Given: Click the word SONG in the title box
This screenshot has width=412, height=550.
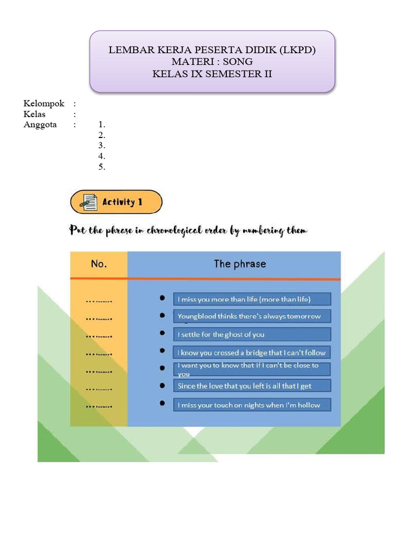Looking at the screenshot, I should pyautogui.click(x=238, y=62).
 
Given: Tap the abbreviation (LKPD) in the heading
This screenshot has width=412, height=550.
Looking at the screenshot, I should pyautogui.click(x=297, y=50).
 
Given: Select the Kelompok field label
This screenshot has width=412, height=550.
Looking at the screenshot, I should pyautogui.click(x=44, y=104).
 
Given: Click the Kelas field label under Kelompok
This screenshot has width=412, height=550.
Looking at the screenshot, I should pyautogui.click(x=35, y=114).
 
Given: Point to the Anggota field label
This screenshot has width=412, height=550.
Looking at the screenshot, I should pyautogui.click(x=40, y=125).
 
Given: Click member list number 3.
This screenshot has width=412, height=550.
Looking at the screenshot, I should pyautogui.click(x=101, y=146).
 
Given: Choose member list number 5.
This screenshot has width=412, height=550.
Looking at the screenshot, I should pyautogui.click(x=101, y=167).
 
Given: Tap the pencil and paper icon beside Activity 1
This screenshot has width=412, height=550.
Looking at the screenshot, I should pyautogui.click(x=88, y=202).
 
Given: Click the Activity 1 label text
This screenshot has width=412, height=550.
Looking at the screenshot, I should pyautogui.click(x=122, y=202).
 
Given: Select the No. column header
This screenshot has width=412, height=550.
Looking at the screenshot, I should pyautogui.click(x=99, y=264).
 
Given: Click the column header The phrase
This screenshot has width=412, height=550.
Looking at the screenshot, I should pyautogui.click(x=240, y=264).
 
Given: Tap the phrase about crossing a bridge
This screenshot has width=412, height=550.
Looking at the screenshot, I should pyautogui.click(x=252, y=353).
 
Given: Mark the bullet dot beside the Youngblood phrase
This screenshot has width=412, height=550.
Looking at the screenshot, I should pyautogui.click(x=162, y=315).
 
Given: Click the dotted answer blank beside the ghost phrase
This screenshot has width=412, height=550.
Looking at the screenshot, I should pyautogui.click(x=99, y=336).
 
